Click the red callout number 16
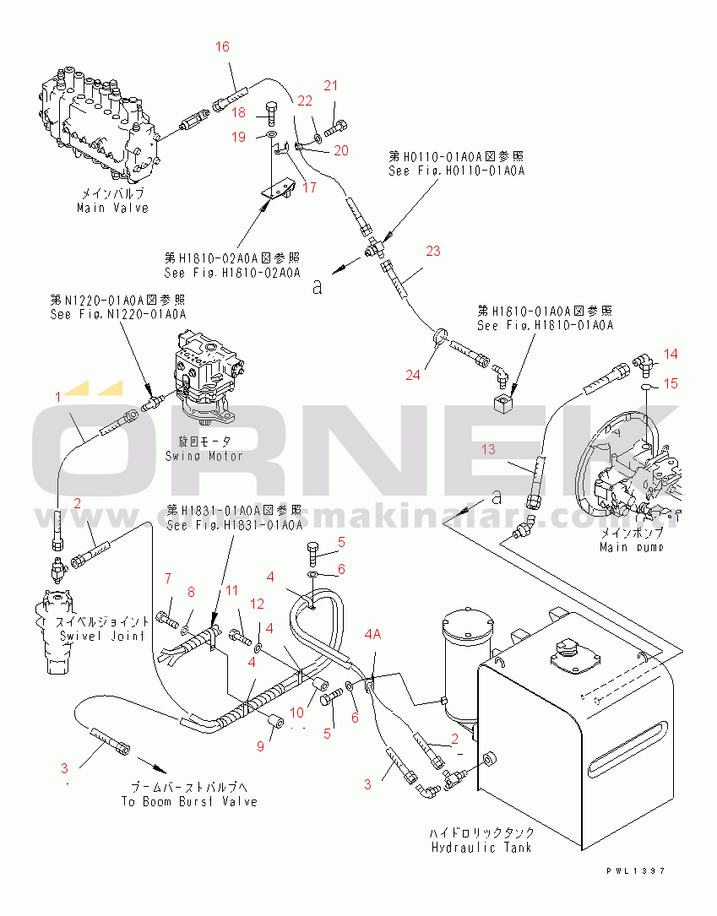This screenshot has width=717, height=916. pyautogui.click(x=222, y=47)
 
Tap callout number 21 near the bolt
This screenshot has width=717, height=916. pyautogui.click(x=331, y=85)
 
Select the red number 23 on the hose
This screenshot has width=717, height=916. pyautogui.click(x=432, y=251)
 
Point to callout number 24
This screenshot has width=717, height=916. pyautogui.click(x=412, y=375)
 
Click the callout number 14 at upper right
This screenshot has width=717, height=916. pyautogui.click(x=670, y=354)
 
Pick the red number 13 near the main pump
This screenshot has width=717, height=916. pyautogui.click(x=489, y=449)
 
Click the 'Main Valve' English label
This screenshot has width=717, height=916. pyautogui.click(x=112, y=208)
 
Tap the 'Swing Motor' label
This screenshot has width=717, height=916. pyautogui.click(x=204, y=456)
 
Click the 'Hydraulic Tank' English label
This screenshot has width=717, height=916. pyautogui.click(x=481, y=847)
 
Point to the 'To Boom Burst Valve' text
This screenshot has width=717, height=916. pyautogui.click(x=189, y=801)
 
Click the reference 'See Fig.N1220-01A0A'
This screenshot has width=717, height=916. pyautogui.click(x=117, y=313)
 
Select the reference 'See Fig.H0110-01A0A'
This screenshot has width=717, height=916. pyautogui.click(x=457, y=171)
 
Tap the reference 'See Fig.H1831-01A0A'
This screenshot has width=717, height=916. pyautogui.click(x=234, y=525)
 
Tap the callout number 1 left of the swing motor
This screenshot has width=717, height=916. pyautogui.click(x=58, y=395)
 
